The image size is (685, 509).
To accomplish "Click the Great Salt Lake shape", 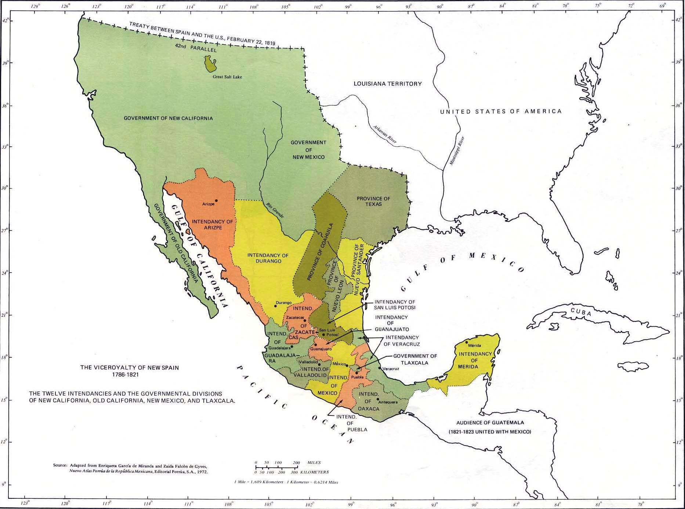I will click(x=210, y=64).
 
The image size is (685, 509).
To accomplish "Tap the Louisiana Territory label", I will click(x=388, y=84).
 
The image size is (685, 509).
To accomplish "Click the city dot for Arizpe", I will click(x=216, y=201).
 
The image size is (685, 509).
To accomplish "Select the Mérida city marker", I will click(x=467, y=342).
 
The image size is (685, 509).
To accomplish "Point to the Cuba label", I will click(x=581, y=312).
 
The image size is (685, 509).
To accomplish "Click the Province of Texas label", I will click(x=373, y=201).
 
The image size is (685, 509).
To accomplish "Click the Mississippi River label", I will click(x=457, y=150).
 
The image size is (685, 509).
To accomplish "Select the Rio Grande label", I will click(x=275, y=211).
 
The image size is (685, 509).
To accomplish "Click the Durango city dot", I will click(x=276, y=306).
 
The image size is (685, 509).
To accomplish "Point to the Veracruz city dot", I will click(x=380, y=368).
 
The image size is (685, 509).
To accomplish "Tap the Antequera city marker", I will click(x=378, y=399).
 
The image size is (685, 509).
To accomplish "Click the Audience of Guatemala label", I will click(x=490, y=423).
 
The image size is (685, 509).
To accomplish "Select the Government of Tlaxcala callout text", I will click(x=415, y=359).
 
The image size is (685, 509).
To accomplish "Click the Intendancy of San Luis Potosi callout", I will click(x=395, y=305).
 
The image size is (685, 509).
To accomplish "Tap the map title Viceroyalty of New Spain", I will click(x=130, y=367).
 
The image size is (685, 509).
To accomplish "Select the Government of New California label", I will click(x=168, y=118).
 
